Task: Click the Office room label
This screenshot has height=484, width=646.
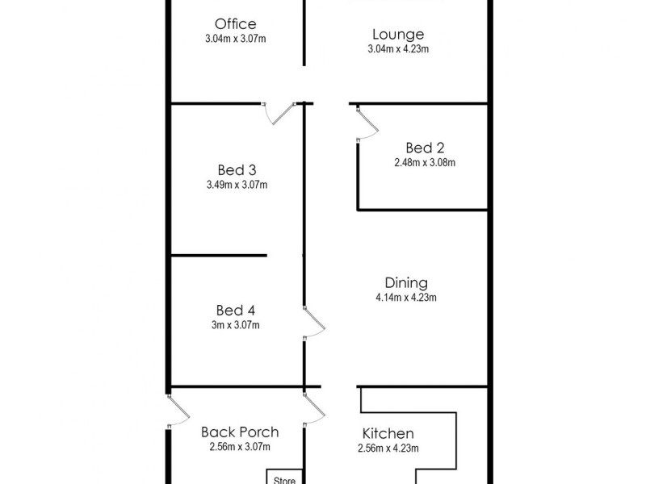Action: (235, 23)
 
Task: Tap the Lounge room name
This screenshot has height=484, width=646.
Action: (398, 34)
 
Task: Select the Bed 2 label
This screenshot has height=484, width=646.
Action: (425, 148)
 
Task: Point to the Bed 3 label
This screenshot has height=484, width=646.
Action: (237, 169)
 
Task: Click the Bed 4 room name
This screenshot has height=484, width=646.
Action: (237, 310)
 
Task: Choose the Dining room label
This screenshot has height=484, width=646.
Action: (405, 282)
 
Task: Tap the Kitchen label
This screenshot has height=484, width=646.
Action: (388, 434)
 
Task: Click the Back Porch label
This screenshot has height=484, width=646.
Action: (240, 432)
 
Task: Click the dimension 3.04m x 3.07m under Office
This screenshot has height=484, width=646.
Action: (235, 38)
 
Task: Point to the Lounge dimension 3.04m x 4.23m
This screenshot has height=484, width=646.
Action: (398, 48)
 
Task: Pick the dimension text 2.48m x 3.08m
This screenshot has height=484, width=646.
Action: (425, 162)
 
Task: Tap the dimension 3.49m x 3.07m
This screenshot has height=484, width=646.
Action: (237, 185)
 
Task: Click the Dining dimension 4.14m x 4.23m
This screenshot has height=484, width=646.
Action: (405, 297)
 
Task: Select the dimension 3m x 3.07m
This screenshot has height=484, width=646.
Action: (237, 325)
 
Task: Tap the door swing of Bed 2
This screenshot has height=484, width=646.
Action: (366, 125)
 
